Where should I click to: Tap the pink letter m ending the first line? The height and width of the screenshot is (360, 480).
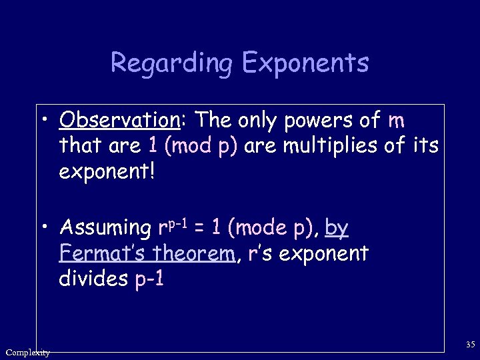pyautogui.click(x=396, y=121)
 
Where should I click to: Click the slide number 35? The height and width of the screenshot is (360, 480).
pyautogui.click(x=470, y=345)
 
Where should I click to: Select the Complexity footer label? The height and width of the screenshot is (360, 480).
pyautogui.click(x=27, y=352)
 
